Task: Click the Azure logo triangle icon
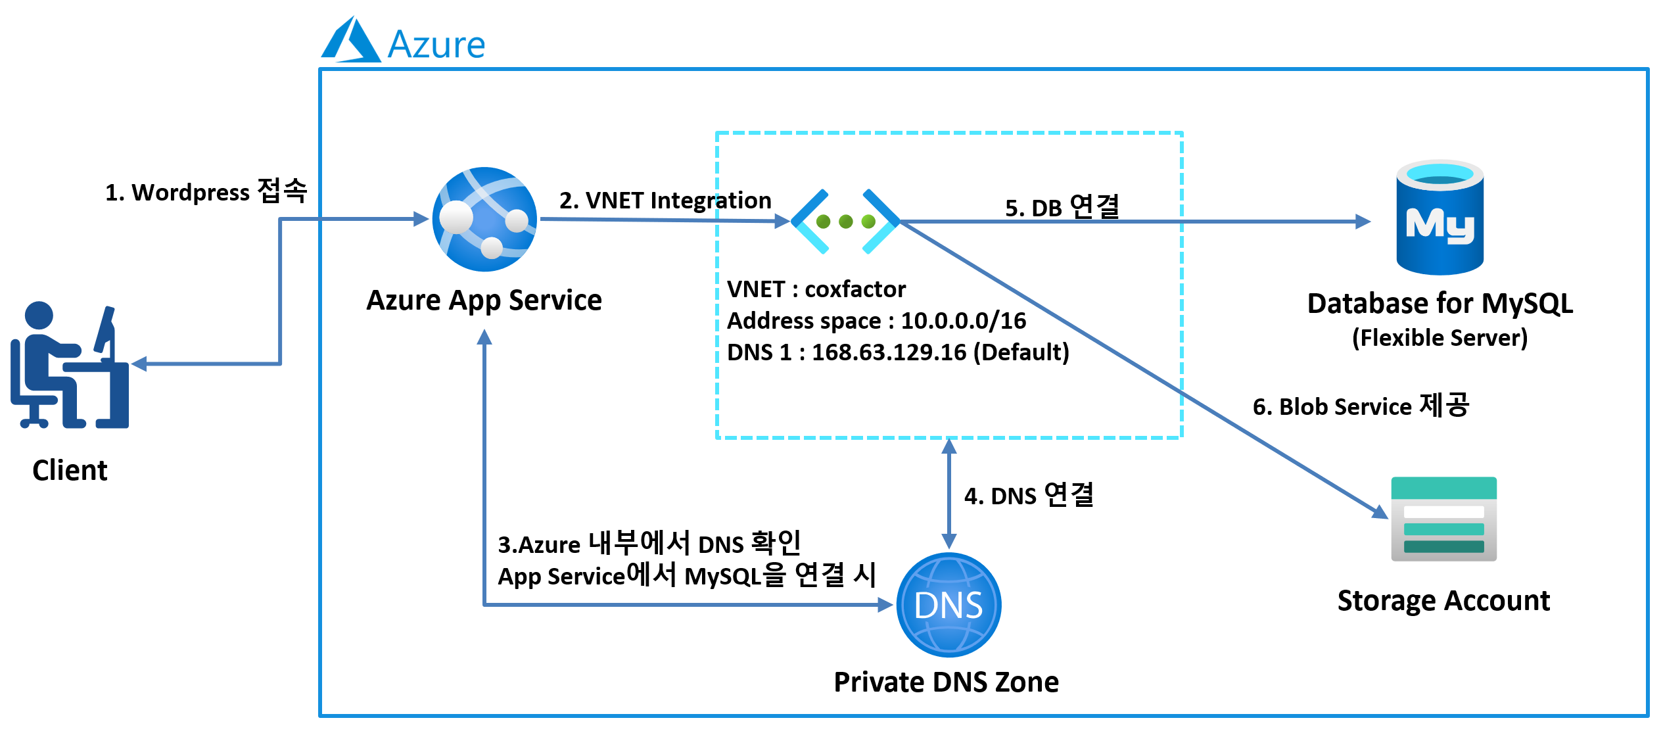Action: click(x=350, y=41)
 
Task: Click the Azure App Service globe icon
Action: click(x=484, y=219)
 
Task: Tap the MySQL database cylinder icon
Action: click(x=1440, y=218)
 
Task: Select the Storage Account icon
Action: click(x=1443, y=519)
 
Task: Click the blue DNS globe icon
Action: click(x=949, y=605)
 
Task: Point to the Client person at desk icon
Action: click(x=70, y=365)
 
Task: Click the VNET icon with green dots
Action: click(x=845, y=222)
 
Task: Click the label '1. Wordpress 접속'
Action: click(x=206, y=192)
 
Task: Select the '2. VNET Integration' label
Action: click(x=665, y=201)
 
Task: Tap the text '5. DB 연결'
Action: click(x=1062, y=207)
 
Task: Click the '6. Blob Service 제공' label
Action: click(x=1361, y=406)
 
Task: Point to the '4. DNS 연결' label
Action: click(x=1029, y=496)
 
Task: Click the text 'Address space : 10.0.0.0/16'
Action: click(x=876, y=321)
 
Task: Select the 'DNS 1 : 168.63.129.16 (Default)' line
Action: click(x=898, y=352)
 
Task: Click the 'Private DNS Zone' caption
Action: click(x=946, y=682)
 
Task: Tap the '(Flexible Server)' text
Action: click(x=1440, y=338)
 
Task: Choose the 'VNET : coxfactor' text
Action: click(x=816, y=289)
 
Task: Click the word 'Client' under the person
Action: click(x=70, y=471)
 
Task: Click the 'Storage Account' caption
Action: click(x=1443, y=601)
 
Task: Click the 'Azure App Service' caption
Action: click(x=484, y=300)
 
